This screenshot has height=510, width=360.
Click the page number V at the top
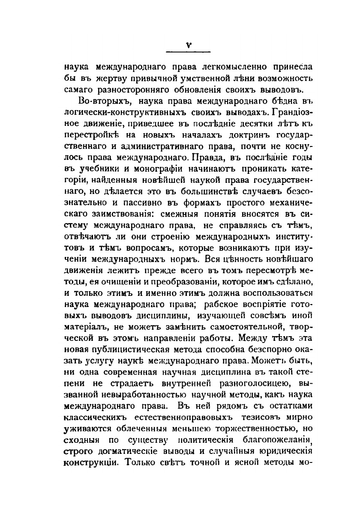coord(188,45)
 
